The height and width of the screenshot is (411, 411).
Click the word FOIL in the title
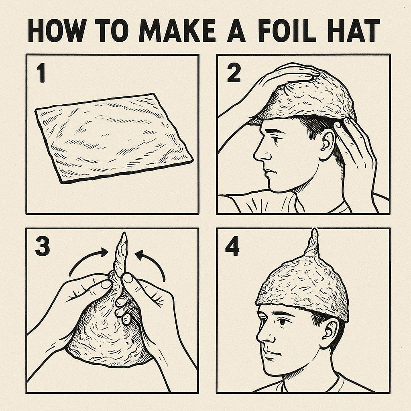287,31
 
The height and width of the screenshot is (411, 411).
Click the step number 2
234,73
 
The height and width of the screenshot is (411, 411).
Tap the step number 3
43,247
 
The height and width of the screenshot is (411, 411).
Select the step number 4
232,246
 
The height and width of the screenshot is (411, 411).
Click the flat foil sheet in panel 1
114,138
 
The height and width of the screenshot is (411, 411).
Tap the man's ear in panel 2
328,146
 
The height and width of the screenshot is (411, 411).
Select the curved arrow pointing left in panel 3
153,263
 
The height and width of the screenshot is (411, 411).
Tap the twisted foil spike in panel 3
120,256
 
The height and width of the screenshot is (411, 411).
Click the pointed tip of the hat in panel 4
314,229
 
